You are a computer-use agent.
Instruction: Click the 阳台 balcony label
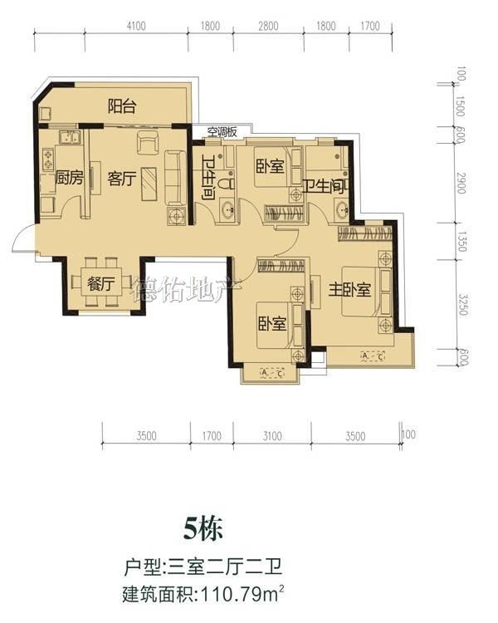(x=122, y=106)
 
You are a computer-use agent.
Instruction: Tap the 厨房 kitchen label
(x=69, y=177)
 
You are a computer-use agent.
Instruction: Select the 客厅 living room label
(x=121, y=179)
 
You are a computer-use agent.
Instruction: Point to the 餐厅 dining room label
(x=101, y=284)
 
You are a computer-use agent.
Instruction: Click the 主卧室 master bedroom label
(x=349, y=290)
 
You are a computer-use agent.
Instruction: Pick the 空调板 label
(x=222, y=131)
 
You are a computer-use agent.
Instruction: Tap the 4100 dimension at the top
(x=136, y=27)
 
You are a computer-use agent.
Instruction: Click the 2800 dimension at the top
(x=268, y=27)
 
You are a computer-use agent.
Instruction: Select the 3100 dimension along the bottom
(x=272, y=436)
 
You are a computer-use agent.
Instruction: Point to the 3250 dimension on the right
(x=462, y=304)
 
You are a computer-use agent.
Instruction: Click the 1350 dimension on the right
(x=461, y=242)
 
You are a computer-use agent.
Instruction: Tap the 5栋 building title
(x=203, y=529)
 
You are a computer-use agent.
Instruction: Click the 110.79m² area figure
(x=243, y=595)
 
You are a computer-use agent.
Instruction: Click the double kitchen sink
(x=71, y=137)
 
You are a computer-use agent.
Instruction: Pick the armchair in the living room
(x=148, y=142)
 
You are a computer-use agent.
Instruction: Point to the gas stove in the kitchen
(x=48, y=159)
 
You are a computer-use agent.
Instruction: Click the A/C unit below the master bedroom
(x=373, y=356)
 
